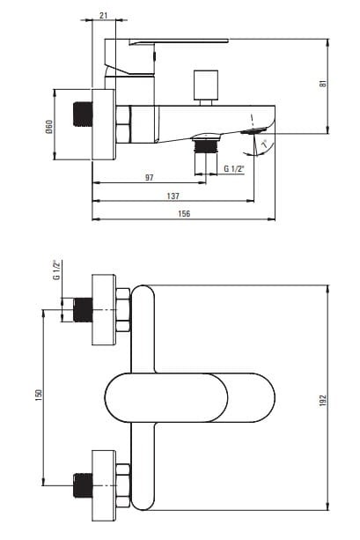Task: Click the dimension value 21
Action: click(x=104, y=15)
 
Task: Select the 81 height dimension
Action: click(x=323, y=84)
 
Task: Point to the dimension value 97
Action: click(x=149, y=178)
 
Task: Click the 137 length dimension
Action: click(x=173, y=196)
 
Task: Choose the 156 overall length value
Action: click(x=184, y=214)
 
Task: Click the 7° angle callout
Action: click(x=264, y=144)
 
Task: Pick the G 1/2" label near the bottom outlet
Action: click(x=234, y=169)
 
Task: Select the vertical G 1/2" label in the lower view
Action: click(x=57, y=270)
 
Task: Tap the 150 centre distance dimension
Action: click(x=38, y=395)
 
